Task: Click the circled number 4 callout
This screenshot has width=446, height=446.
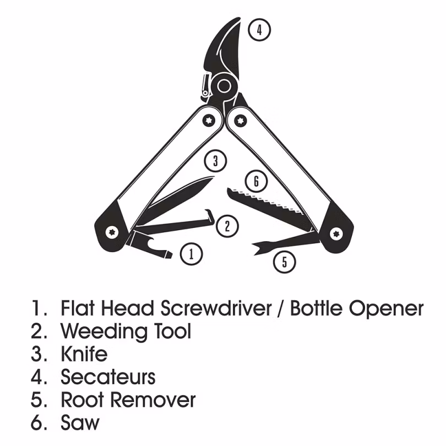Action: click(x=259, y=30)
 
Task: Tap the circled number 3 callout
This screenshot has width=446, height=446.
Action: click(x=216, y=161)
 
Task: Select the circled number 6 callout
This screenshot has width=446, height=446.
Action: click(x=256, y=181)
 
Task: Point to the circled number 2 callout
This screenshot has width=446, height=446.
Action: click(x=227, y=226)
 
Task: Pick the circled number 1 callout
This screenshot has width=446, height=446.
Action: click(x=192, y=254)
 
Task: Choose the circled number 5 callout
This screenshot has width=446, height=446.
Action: click(x=285, y=262)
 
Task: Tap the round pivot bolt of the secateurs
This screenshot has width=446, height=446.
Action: click(x=224, y=85)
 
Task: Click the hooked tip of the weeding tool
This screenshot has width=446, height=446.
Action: click(x=211, y=215)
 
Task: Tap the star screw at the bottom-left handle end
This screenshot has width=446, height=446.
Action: click(x=112, y=232)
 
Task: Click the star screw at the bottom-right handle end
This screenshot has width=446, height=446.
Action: click(x=336, y=234)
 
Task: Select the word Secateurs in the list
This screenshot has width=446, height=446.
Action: click(x=108, y=377)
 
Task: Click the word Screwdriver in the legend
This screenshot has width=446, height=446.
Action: click(x=216, y=308)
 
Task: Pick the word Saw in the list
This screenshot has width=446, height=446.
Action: click(x=80, y=422)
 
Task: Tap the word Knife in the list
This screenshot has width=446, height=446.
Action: click(x=84, y=353)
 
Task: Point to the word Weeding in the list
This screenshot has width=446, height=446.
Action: click(x=104, y=332)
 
